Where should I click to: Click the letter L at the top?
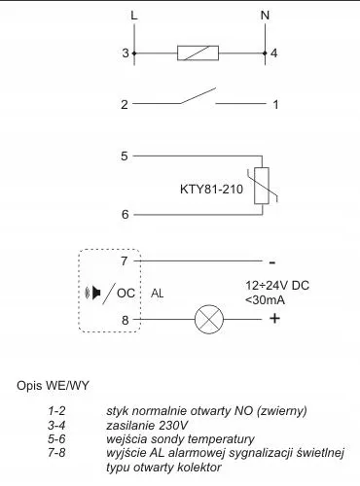pyautogui.click(x=133, y=15)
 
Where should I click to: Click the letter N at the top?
pyautogui.click(x=266, y=15)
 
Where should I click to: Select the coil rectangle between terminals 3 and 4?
pyautogui.click(x=198, y=53)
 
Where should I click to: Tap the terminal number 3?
pyautogui.click(x=125, y=53)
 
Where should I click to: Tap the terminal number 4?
pyautogui.click(x=275, y=53)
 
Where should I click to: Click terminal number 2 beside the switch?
pyautogui.click(x=125, y=103)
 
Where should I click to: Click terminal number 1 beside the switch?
pyautogui.click(x=275, y=103)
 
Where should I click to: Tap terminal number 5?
pyautogui.click(x=125, y=156)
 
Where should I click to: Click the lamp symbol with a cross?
pyautogui.click(x=209, y=319)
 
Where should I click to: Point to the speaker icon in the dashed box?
pyautogui.click(x=94, y=291)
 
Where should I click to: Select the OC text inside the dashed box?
pyautogui.click(x=126, y=291)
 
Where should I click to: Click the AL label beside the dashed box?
pyautogui.click(x=157, y=291)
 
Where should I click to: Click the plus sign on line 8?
pyautogui.click(x=274, y=319)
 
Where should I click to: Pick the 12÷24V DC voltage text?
pyautogui.click(x=276, y=285)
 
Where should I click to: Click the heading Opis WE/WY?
pyautogui.click(x=53, y=386)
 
